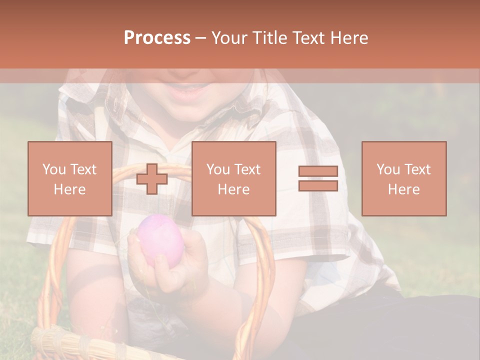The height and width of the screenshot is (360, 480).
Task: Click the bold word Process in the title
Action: pyautogui.click(x=157, y=38)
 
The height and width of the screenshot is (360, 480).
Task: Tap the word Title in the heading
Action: pyautogui.click(x=271, y=38)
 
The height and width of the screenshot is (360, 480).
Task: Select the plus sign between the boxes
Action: pyautogui.click(x=152, y=179)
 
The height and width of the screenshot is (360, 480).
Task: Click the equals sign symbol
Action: pyautogui.click(x=318, y=178)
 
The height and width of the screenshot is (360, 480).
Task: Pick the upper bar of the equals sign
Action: pyautogui.click(x=318, y=171)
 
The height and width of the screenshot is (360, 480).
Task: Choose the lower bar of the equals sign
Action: pyautogui.click(x=318, y=185)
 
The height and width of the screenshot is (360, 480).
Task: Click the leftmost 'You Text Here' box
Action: pyautogui.click(x=69, y=179)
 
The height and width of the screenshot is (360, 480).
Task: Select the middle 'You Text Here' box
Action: pyautogui.click(x=233, y=179)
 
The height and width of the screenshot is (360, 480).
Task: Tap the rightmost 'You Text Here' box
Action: pyautogui.click(x=403, y=179)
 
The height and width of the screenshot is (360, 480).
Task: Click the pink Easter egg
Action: pyautogui.click(x=161, y=241)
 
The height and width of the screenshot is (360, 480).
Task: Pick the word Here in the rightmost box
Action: pyautogui.click(x=403, y=189)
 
